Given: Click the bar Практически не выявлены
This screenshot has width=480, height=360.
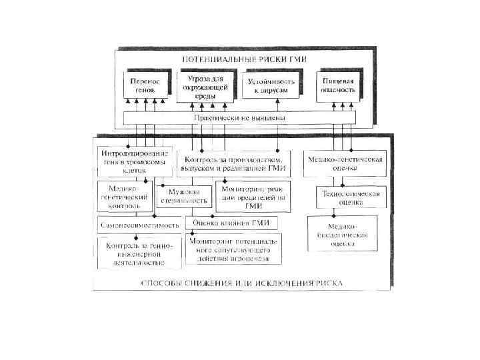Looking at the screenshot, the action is pos(239,117).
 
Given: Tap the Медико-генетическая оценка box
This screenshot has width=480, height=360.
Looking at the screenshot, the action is pos(344,164).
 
